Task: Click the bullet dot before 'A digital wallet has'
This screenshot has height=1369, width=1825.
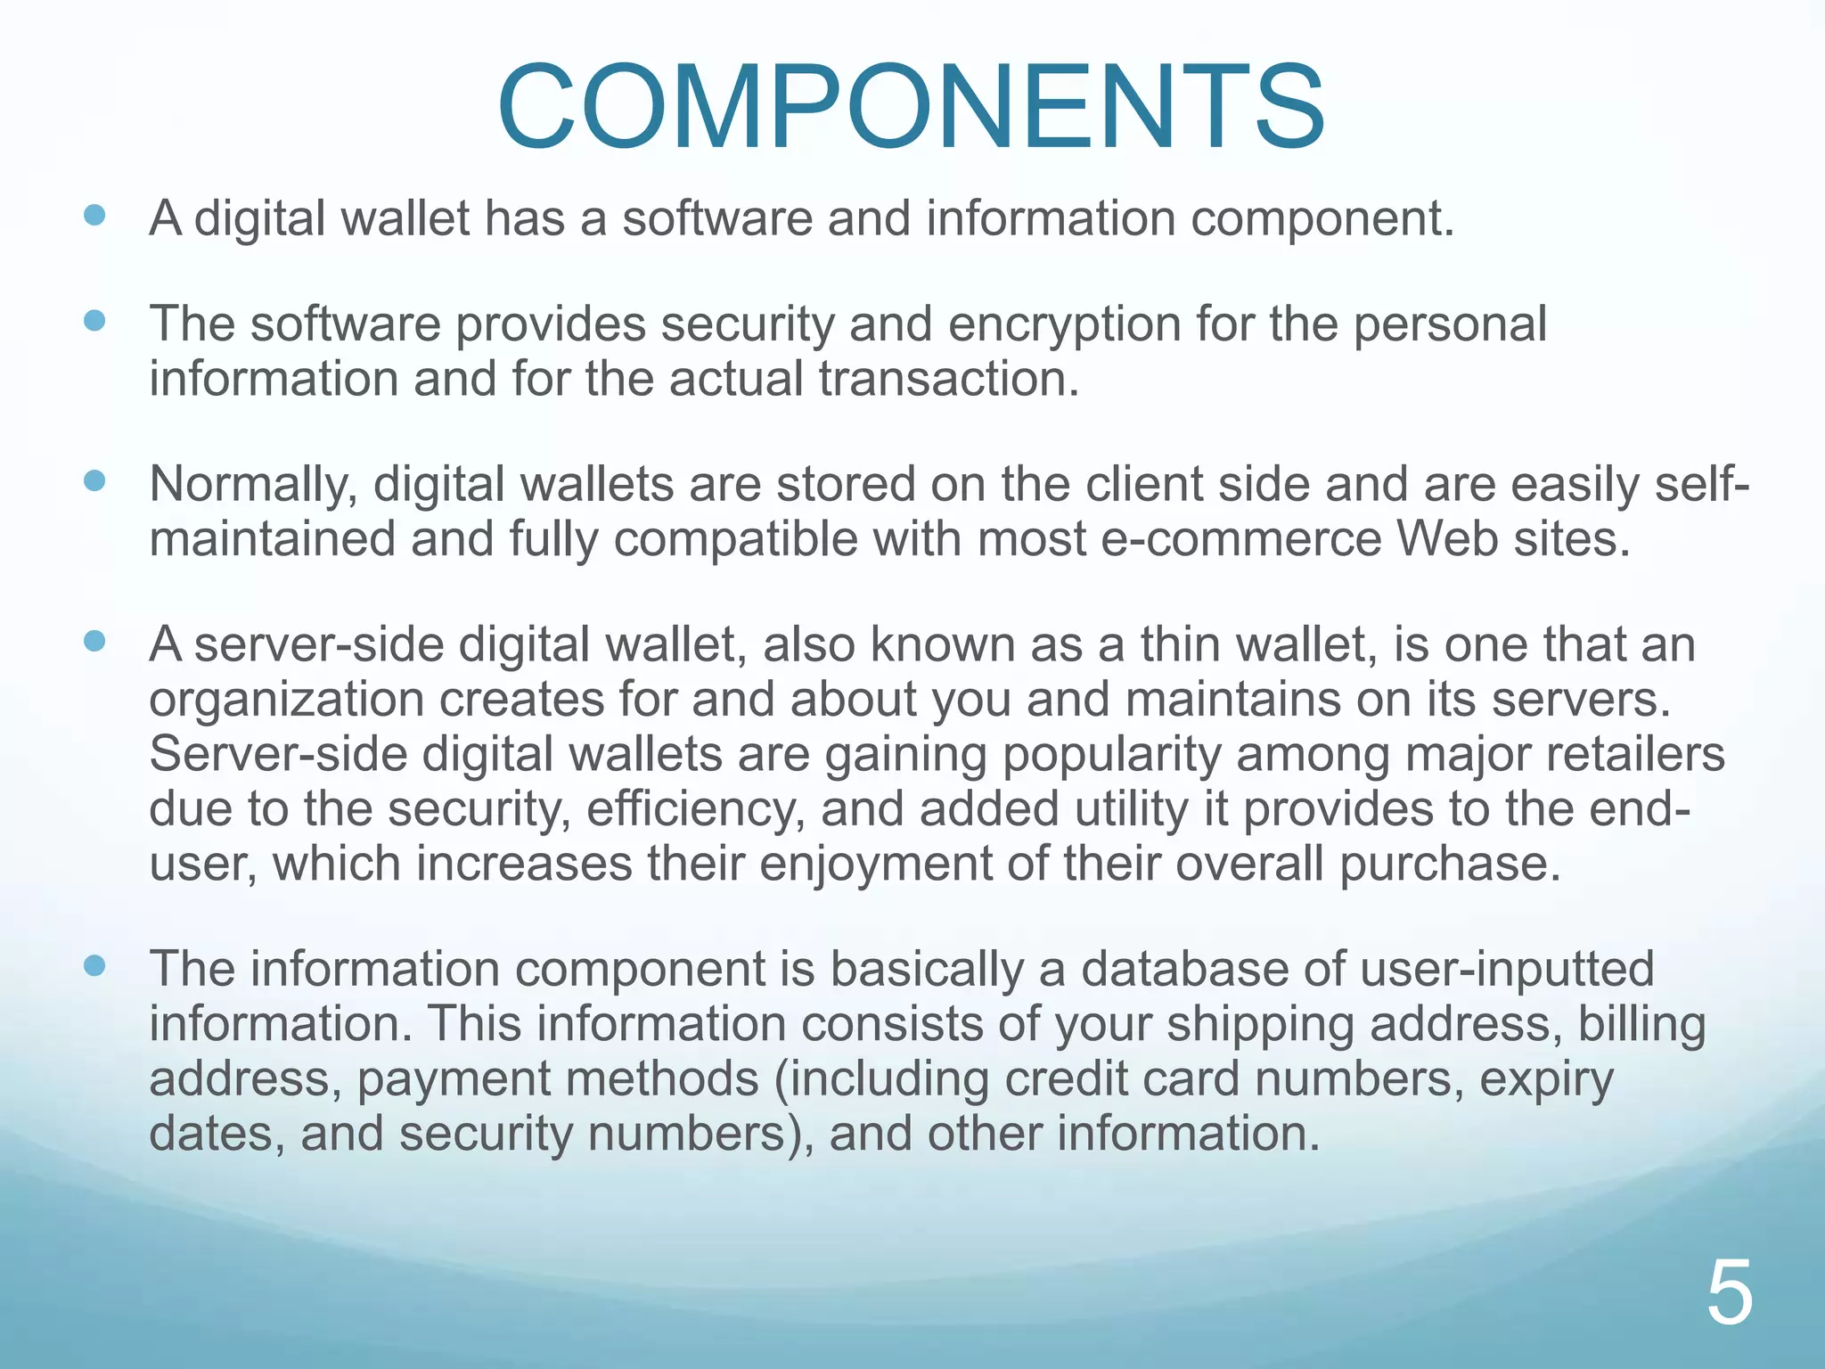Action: pos(94,215)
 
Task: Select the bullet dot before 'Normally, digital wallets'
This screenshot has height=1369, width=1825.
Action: pos(94,481)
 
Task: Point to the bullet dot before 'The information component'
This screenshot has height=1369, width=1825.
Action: pos(94,965)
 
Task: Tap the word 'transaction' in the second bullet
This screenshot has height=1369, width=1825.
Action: pos(948,379)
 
